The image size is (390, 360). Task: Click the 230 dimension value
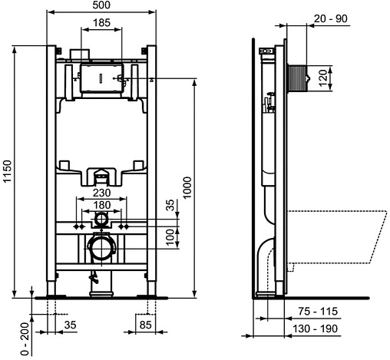[101, 193]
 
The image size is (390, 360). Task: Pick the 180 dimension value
[101, 205]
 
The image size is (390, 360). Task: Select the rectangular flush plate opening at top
[101, 80]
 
